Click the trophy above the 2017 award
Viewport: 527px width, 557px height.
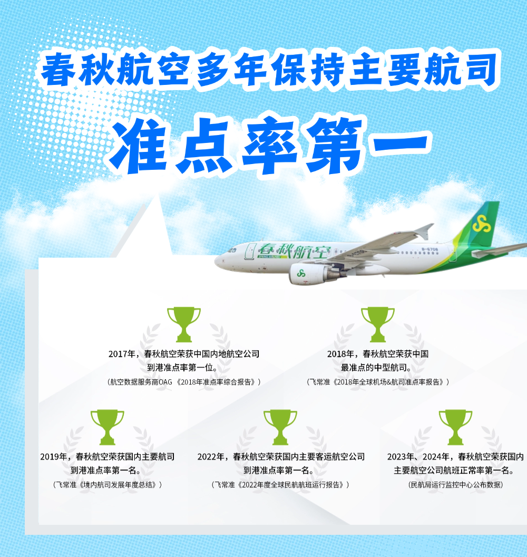click(x=184, y=324)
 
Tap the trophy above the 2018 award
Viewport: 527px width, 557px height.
click(x=377, y=324)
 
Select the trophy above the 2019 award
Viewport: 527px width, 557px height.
click(x=107, y=427)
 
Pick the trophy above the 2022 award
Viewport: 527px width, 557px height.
click(x=280, y=427)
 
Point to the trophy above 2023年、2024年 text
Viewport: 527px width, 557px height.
click(x=455, y=427)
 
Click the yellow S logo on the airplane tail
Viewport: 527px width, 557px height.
click(x=482, y=224)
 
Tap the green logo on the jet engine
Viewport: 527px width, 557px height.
click(x=301, y=273)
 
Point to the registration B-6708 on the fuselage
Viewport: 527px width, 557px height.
click(x=430, y=249)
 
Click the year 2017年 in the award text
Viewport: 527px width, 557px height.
click(x=122, y=354)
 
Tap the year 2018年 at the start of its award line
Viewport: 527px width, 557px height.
click(x=340, y=354)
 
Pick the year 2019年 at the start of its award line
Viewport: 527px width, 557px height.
click(x=54, y=456)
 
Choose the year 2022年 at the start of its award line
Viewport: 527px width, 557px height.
click(x=211, y=456)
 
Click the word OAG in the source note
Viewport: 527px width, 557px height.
click(x=165, y=382)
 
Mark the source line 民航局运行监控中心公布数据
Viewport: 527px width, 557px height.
click(x=456, y=485)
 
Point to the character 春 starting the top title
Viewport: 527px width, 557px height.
click(x=58, y=69)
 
